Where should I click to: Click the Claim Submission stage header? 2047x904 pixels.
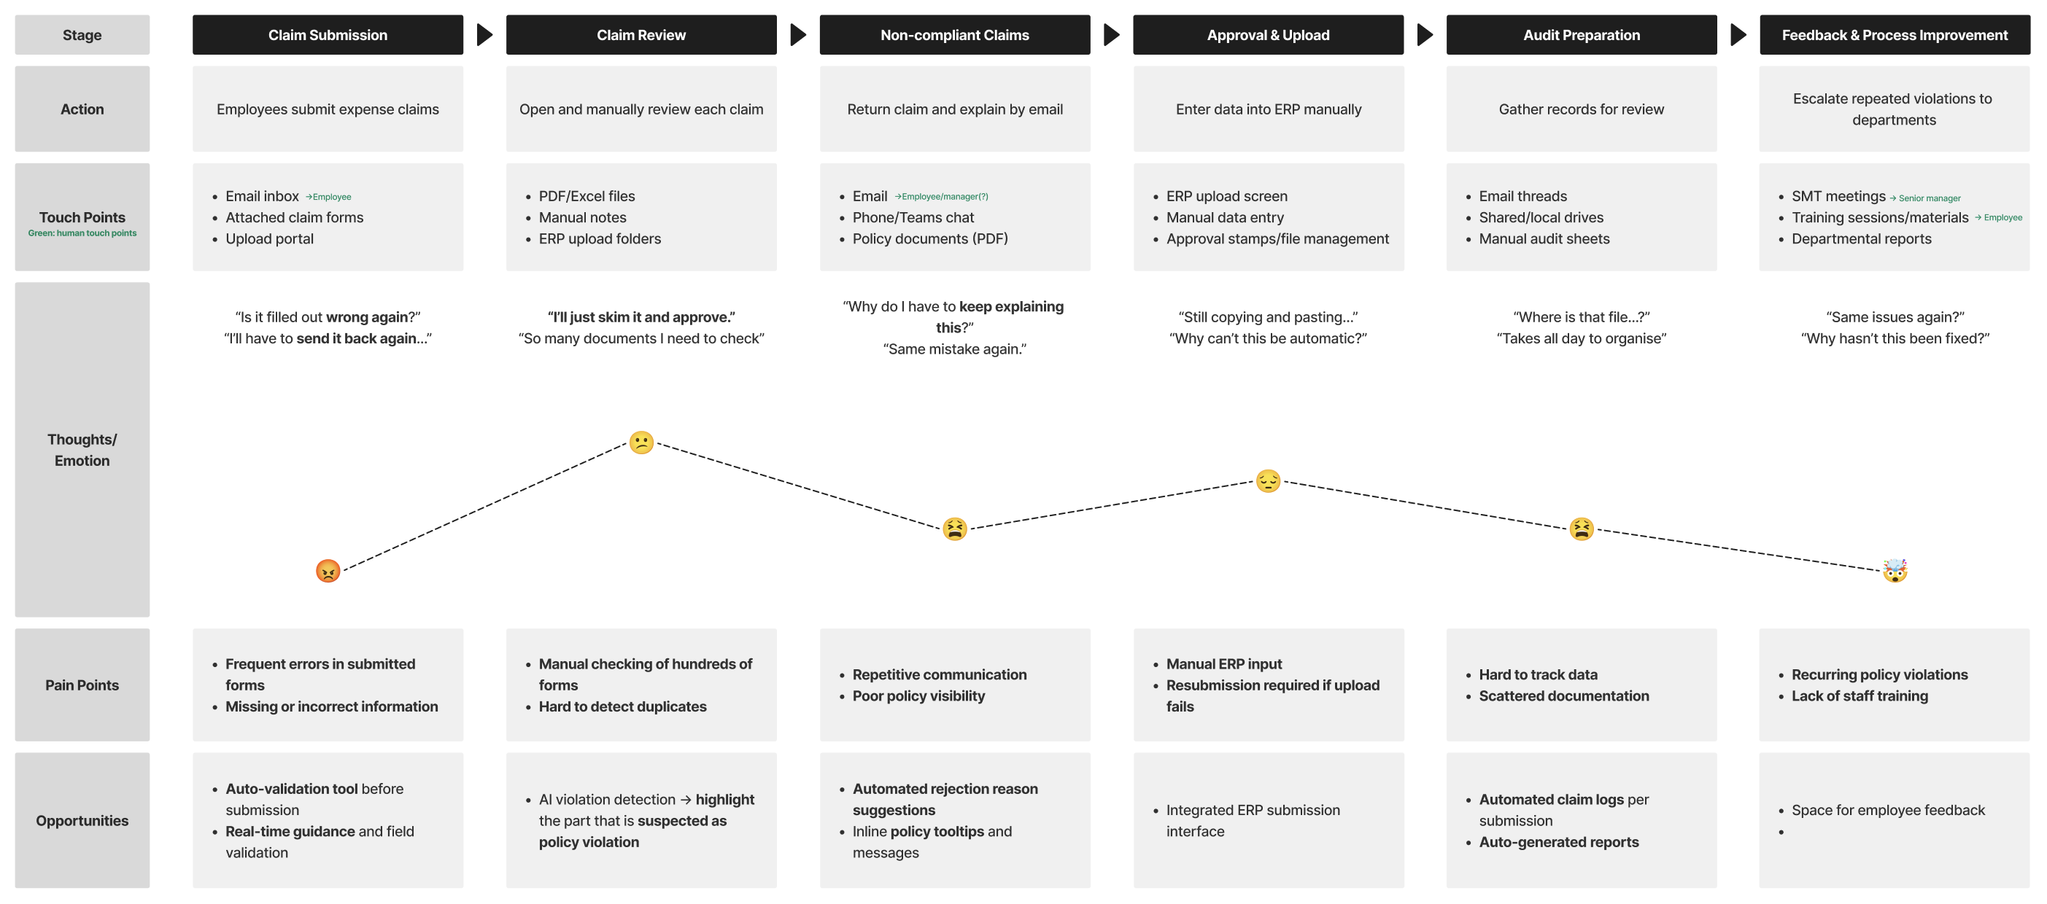coord(328,35)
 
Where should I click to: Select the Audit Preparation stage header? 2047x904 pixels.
coord(1581,35)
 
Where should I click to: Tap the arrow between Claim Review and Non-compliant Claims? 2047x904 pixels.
coord(798,35)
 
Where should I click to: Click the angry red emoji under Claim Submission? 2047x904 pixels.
coord(328,570)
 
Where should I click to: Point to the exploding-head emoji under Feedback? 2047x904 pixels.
coord(1895,570)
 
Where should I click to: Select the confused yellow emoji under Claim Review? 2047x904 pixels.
coord(641,443)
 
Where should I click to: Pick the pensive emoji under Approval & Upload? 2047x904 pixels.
coord(1267,480)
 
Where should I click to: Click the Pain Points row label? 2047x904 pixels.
coord(82,685)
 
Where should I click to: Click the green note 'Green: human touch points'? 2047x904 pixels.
coord(82,233)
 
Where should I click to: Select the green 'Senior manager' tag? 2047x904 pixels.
coord(1930,198)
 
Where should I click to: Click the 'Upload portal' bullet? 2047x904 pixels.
coord(269,238)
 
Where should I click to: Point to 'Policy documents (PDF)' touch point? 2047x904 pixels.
coord(929,238)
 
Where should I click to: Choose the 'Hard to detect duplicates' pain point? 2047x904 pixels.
coord(622,706)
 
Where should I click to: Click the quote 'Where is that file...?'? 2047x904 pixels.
coord(1581,317)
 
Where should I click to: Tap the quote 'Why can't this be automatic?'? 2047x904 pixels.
coord(1267,338)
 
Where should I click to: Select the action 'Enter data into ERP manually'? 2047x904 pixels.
coord(1268,109)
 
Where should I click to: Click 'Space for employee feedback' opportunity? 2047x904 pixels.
coord(1888,809)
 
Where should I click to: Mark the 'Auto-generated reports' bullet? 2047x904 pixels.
coord(1558,841)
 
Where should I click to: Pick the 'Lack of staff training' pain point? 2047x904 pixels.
coord(1860,696)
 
